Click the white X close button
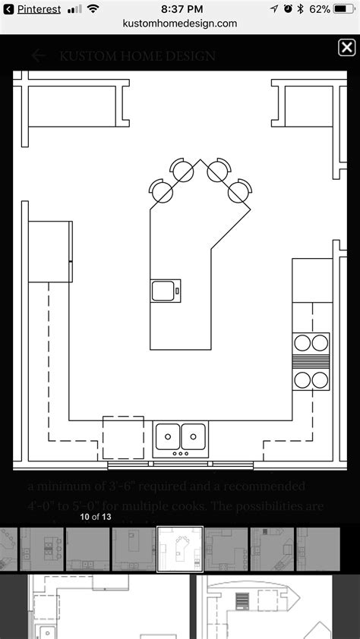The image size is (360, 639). click(x=346, y=48)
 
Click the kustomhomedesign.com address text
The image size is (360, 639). click(x=180, y=24)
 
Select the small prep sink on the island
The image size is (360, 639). click(x=166, y=291)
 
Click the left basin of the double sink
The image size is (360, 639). click(x=169, y=436)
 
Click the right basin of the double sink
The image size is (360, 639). click(x=194, y=436)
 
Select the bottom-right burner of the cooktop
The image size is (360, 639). click(x=320, y=379)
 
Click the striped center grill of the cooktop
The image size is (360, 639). click(x=311, y=361)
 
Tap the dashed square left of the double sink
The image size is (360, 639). click(x=123, y=438)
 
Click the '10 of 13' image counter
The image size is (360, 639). click(x=96, y=517)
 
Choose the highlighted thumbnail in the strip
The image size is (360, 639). click(x=180, y=549)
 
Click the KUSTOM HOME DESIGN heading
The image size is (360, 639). click(x=137, y=55)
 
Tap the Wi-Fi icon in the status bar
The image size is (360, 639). click(x=93, y=9)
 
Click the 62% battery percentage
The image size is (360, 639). click(x=320, y=9)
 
